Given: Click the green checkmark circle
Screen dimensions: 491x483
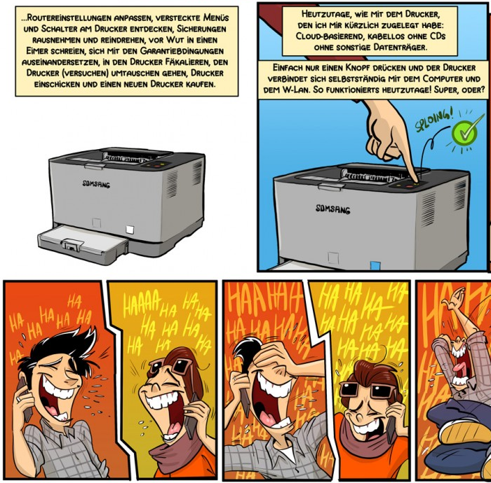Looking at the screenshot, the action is [464, 133].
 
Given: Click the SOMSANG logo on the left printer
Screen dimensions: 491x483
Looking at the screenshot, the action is [96, 184].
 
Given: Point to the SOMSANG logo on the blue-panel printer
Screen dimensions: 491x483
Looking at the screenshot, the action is [332, 209].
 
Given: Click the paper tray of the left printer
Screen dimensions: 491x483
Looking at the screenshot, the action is [83, 243].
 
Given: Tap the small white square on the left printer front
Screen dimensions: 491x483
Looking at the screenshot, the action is [129, 230].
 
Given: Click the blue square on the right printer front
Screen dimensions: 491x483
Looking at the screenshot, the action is [375, 265].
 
